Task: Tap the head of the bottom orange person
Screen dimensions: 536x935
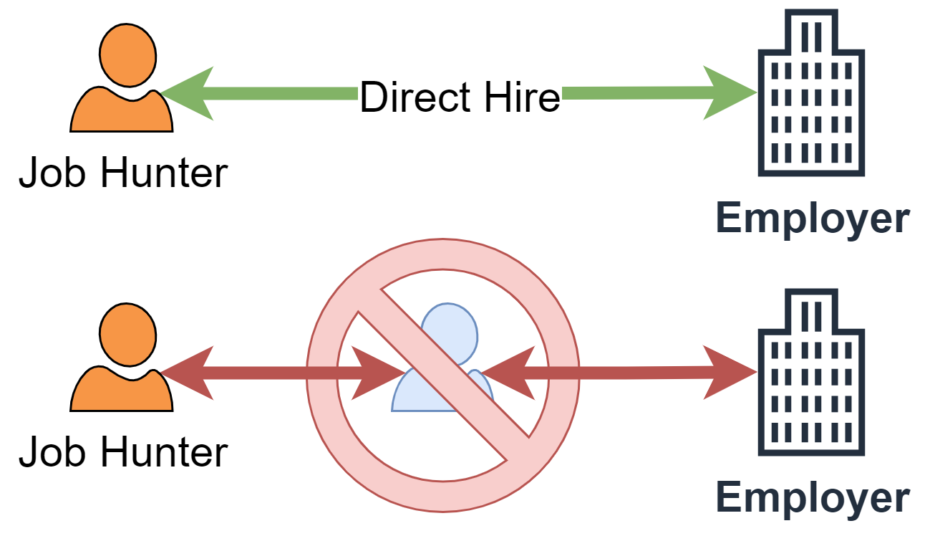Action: pos(127,335)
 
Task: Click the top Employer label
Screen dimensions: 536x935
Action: pos(813,219)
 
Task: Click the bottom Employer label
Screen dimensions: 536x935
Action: pos(813,497)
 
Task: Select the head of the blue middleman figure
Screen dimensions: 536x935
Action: pos(449,331)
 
